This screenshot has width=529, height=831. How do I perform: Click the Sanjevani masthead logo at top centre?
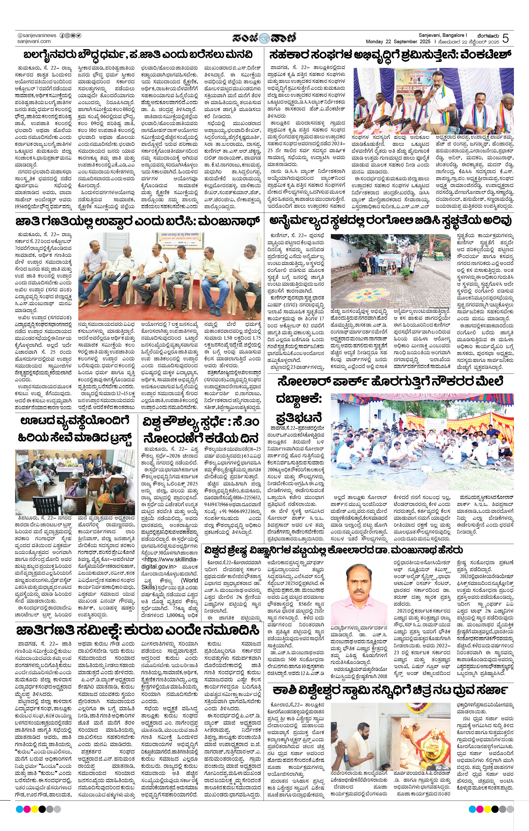point(264,38)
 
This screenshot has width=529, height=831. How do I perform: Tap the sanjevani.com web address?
point(34,41)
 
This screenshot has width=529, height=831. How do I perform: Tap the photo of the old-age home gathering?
point(75,482)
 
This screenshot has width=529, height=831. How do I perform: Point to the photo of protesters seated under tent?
point(422,442)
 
